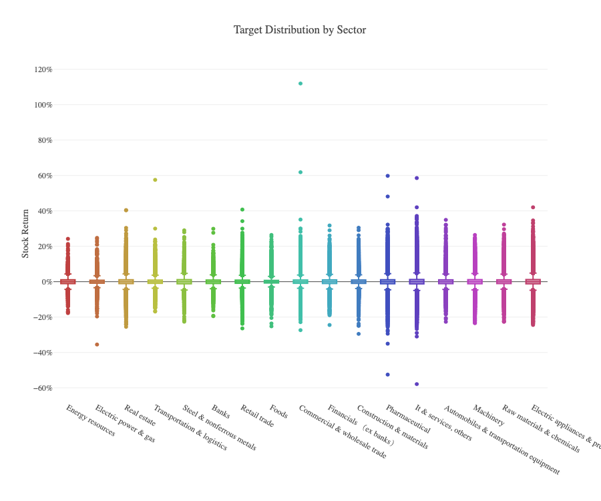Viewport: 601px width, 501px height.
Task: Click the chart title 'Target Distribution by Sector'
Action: pos(300,30)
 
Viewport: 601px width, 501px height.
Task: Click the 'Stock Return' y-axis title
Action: pos(25,232)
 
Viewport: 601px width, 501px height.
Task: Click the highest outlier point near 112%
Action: pos(300,83)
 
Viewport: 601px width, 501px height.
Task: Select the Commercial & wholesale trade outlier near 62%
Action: pos(300,172)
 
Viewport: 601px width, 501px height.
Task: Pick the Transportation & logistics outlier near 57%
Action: pos(155,180)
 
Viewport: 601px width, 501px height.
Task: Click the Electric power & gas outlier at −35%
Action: pos(97,345)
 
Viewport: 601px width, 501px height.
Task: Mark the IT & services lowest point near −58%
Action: pos(417,384)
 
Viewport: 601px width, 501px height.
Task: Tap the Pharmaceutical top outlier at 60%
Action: pos(387,176)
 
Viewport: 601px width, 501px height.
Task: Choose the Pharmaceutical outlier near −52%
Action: pos(387,375)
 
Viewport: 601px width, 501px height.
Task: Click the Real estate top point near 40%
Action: pos(126,210)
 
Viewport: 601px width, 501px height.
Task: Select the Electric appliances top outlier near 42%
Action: pos(533,207)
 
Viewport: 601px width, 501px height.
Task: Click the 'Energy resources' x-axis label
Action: pos(90,420)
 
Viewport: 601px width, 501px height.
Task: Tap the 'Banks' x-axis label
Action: pos(220,411)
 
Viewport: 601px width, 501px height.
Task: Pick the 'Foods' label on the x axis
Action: pos(278,411)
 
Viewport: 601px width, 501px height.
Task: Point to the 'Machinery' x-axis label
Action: pos(488,415)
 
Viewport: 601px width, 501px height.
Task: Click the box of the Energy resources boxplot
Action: pos(68,282)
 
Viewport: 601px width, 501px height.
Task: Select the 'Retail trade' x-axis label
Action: pos(257,416)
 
